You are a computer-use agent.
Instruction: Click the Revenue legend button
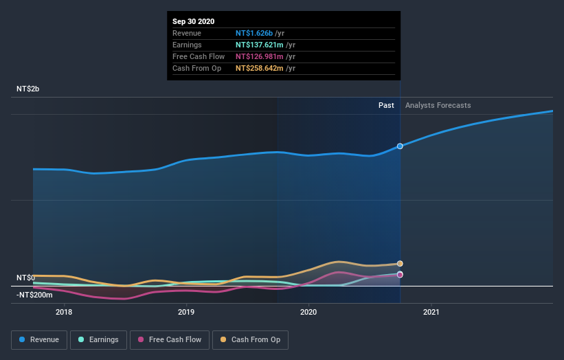click(40, 339)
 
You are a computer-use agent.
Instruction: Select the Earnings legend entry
click(98, 339)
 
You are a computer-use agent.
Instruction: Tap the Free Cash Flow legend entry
click(169, 339)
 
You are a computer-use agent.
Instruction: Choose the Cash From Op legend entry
click(249, 339)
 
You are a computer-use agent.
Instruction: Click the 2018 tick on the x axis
click(64, 313)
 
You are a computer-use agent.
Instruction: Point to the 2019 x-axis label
click(186, 313)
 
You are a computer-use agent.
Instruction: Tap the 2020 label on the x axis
click(308, 313)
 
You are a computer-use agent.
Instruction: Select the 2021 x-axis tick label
click(431, 313)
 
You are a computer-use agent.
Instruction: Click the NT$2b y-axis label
click(28, 89)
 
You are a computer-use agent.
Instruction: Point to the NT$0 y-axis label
click(25, 278)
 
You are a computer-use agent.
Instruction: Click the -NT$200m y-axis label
click(32, 295)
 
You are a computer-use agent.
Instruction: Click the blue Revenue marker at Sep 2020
click(400, 146)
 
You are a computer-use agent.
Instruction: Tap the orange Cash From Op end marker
click(400, 264)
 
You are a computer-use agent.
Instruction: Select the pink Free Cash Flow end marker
click(400, 275)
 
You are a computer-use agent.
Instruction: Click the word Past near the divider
click(386, 105)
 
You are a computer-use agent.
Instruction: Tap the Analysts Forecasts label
click(438, 105)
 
